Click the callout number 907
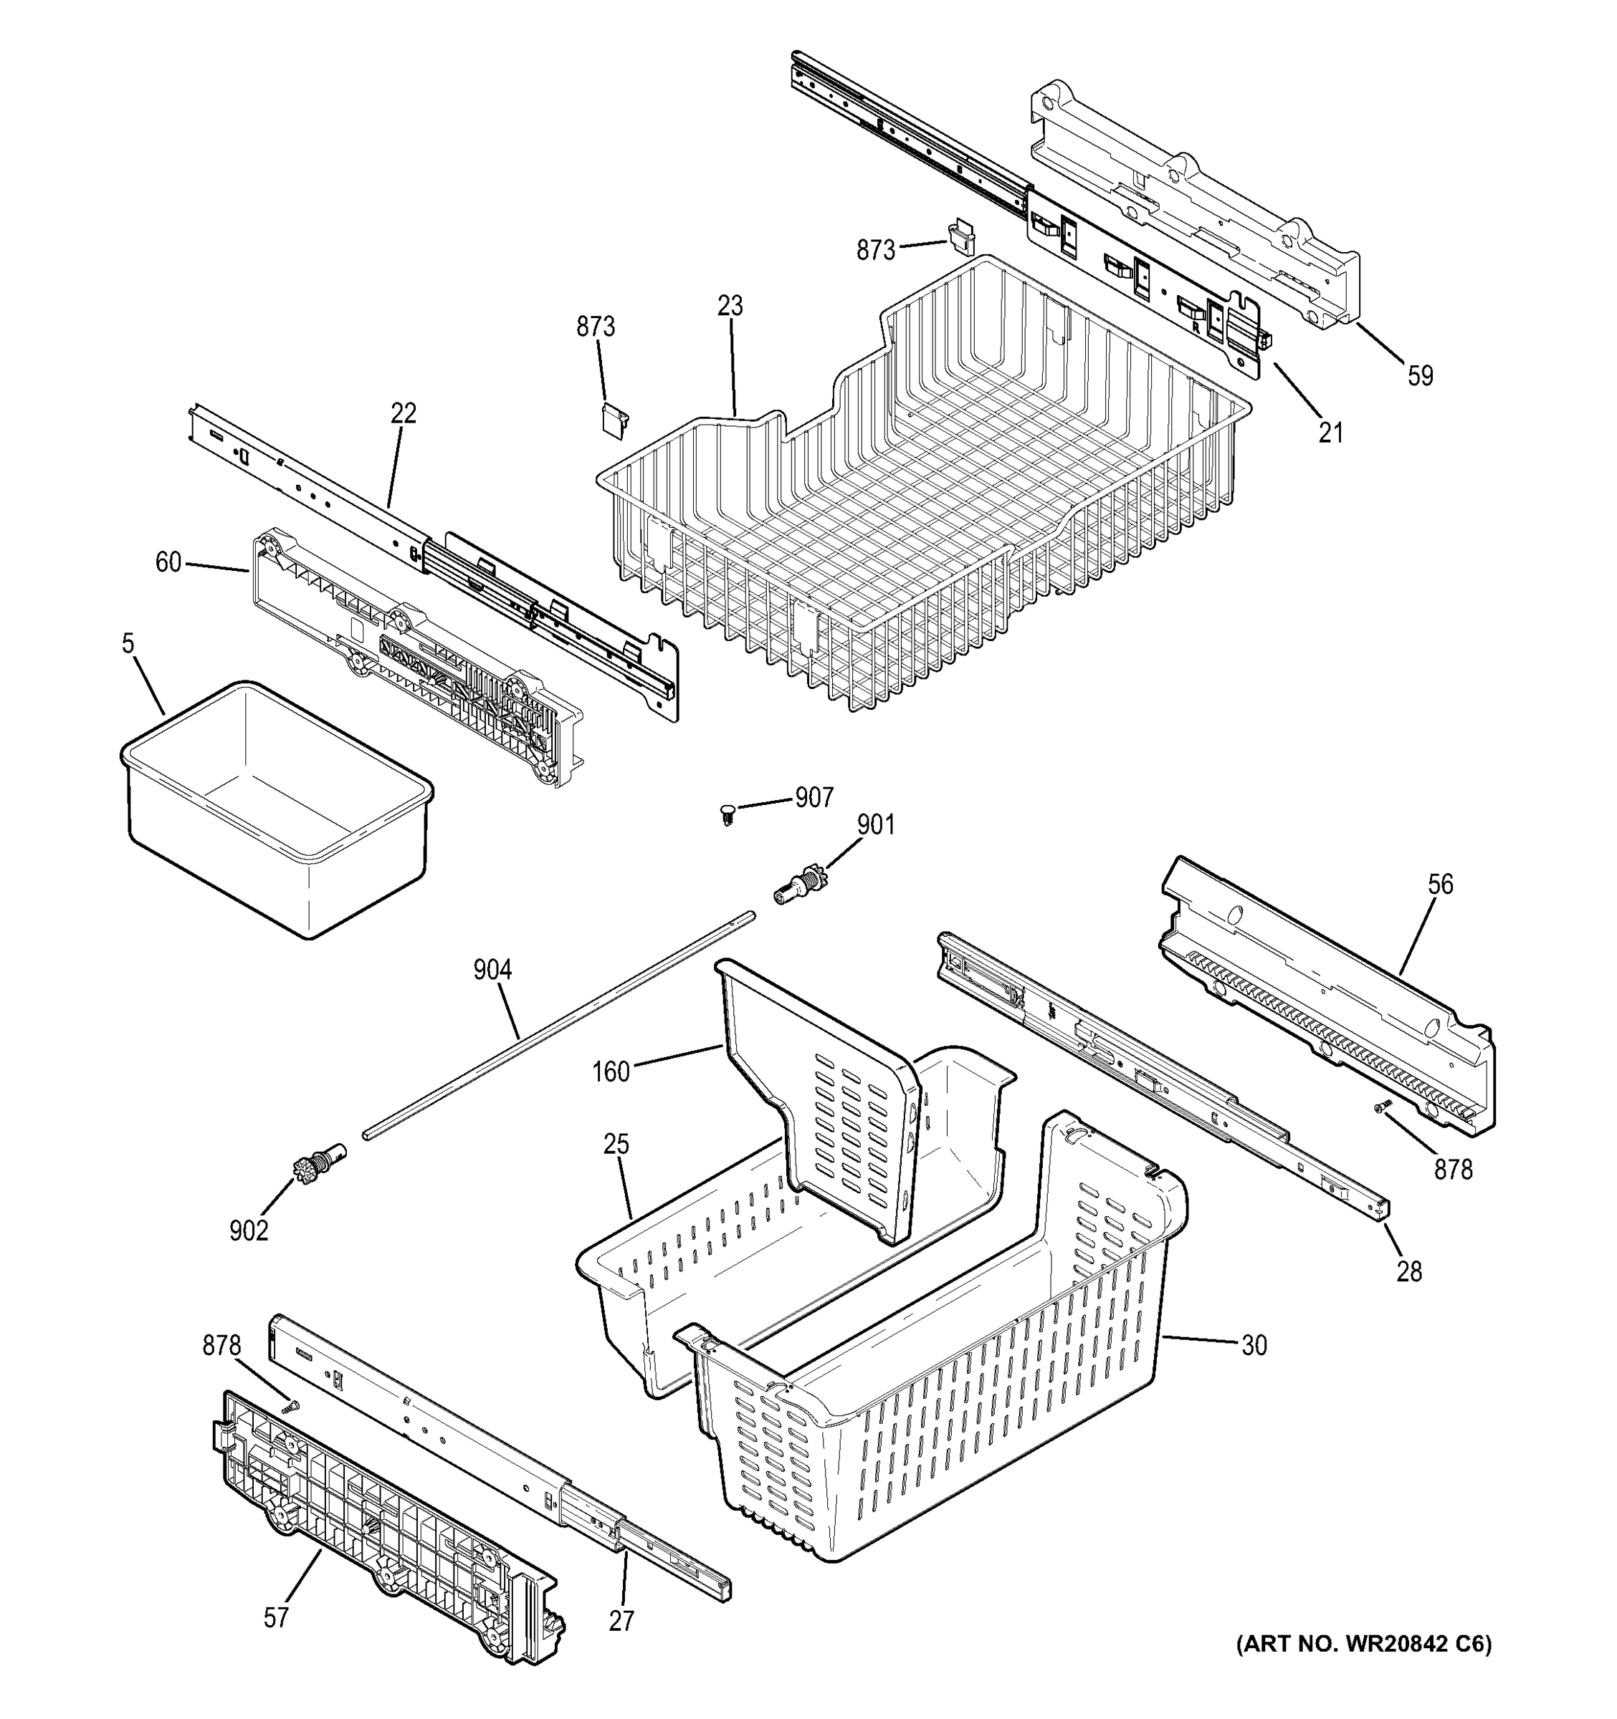click(x=814, y=796)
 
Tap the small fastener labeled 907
click(x=727, y=813)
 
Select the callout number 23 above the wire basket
click(x=730, y=305)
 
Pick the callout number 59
click(x=1420, y=375)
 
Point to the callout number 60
click(x=168, y=562)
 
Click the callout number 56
click(x=1441, y=884)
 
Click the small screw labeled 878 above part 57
click(x=292, y=1407)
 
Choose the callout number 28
click(x=1409, y=1271)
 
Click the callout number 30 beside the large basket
click(x=1254, y=1344)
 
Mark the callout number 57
click(x=275, y=1617)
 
